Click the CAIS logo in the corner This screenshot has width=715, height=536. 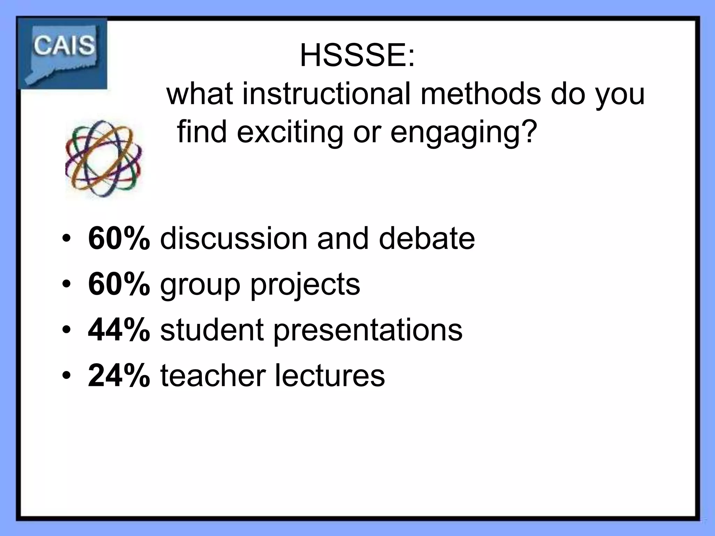[63, 53]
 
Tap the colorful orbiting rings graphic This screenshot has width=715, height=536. [104, 159]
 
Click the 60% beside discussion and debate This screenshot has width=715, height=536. [119, 239]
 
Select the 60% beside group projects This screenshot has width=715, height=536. [119, 284]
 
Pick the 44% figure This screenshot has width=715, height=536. [119, 330]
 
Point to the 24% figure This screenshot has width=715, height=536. [119, 376]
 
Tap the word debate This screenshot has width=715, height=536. [427, 239]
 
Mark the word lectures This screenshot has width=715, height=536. [330, 376]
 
